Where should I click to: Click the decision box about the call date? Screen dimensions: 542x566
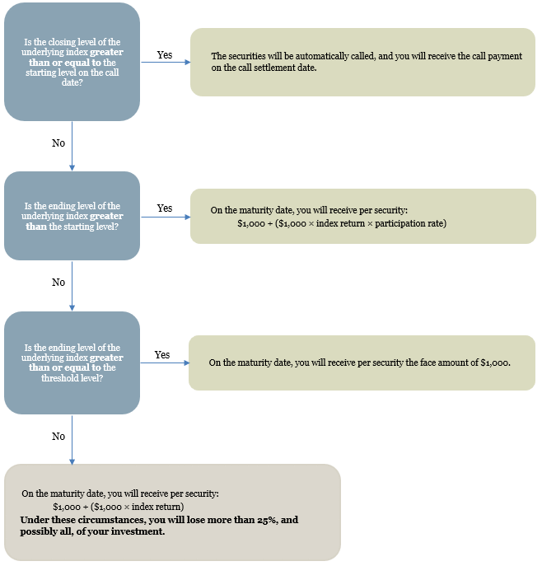click(72, 62)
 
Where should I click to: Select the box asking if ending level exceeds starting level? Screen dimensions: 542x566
click(72, 216)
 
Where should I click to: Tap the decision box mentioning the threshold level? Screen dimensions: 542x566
click(72, 363)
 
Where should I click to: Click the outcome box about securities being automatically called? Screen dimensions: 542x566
click(362, 62)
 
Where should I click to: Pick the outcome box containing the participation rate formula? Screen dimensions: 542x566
click(363, 216)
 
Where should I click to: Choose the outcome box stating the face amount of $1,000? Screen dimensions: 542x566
click(362, 363)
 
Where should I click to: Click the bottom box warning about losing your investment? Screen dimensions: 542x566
click(172, 512)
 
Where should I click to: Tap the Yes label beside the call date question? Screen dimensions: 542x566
click(165, 55)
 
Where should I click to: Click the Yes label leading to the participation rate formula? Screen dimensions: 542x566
click(165, 208)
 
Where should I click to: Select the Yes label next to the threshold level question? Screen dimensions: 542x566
click(162, 355)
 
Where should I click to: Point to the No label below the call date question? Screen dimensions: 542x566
click(58, 143)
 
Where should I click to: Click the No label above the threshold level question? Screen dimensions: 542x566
click(58, 283)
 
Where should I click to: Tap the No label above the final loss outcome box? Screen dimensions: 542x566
click(58, 437)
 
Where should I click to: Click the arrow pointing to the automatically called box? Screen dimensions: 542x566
click(166, 62)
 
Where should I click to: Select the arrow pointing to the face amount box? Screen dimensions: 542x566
click(165, 363)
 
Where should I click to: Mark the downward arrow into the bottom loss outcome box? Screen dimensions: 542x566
click(72, 440)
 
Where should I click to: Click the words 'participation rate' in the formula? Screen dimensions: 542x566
click(411, 223)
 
